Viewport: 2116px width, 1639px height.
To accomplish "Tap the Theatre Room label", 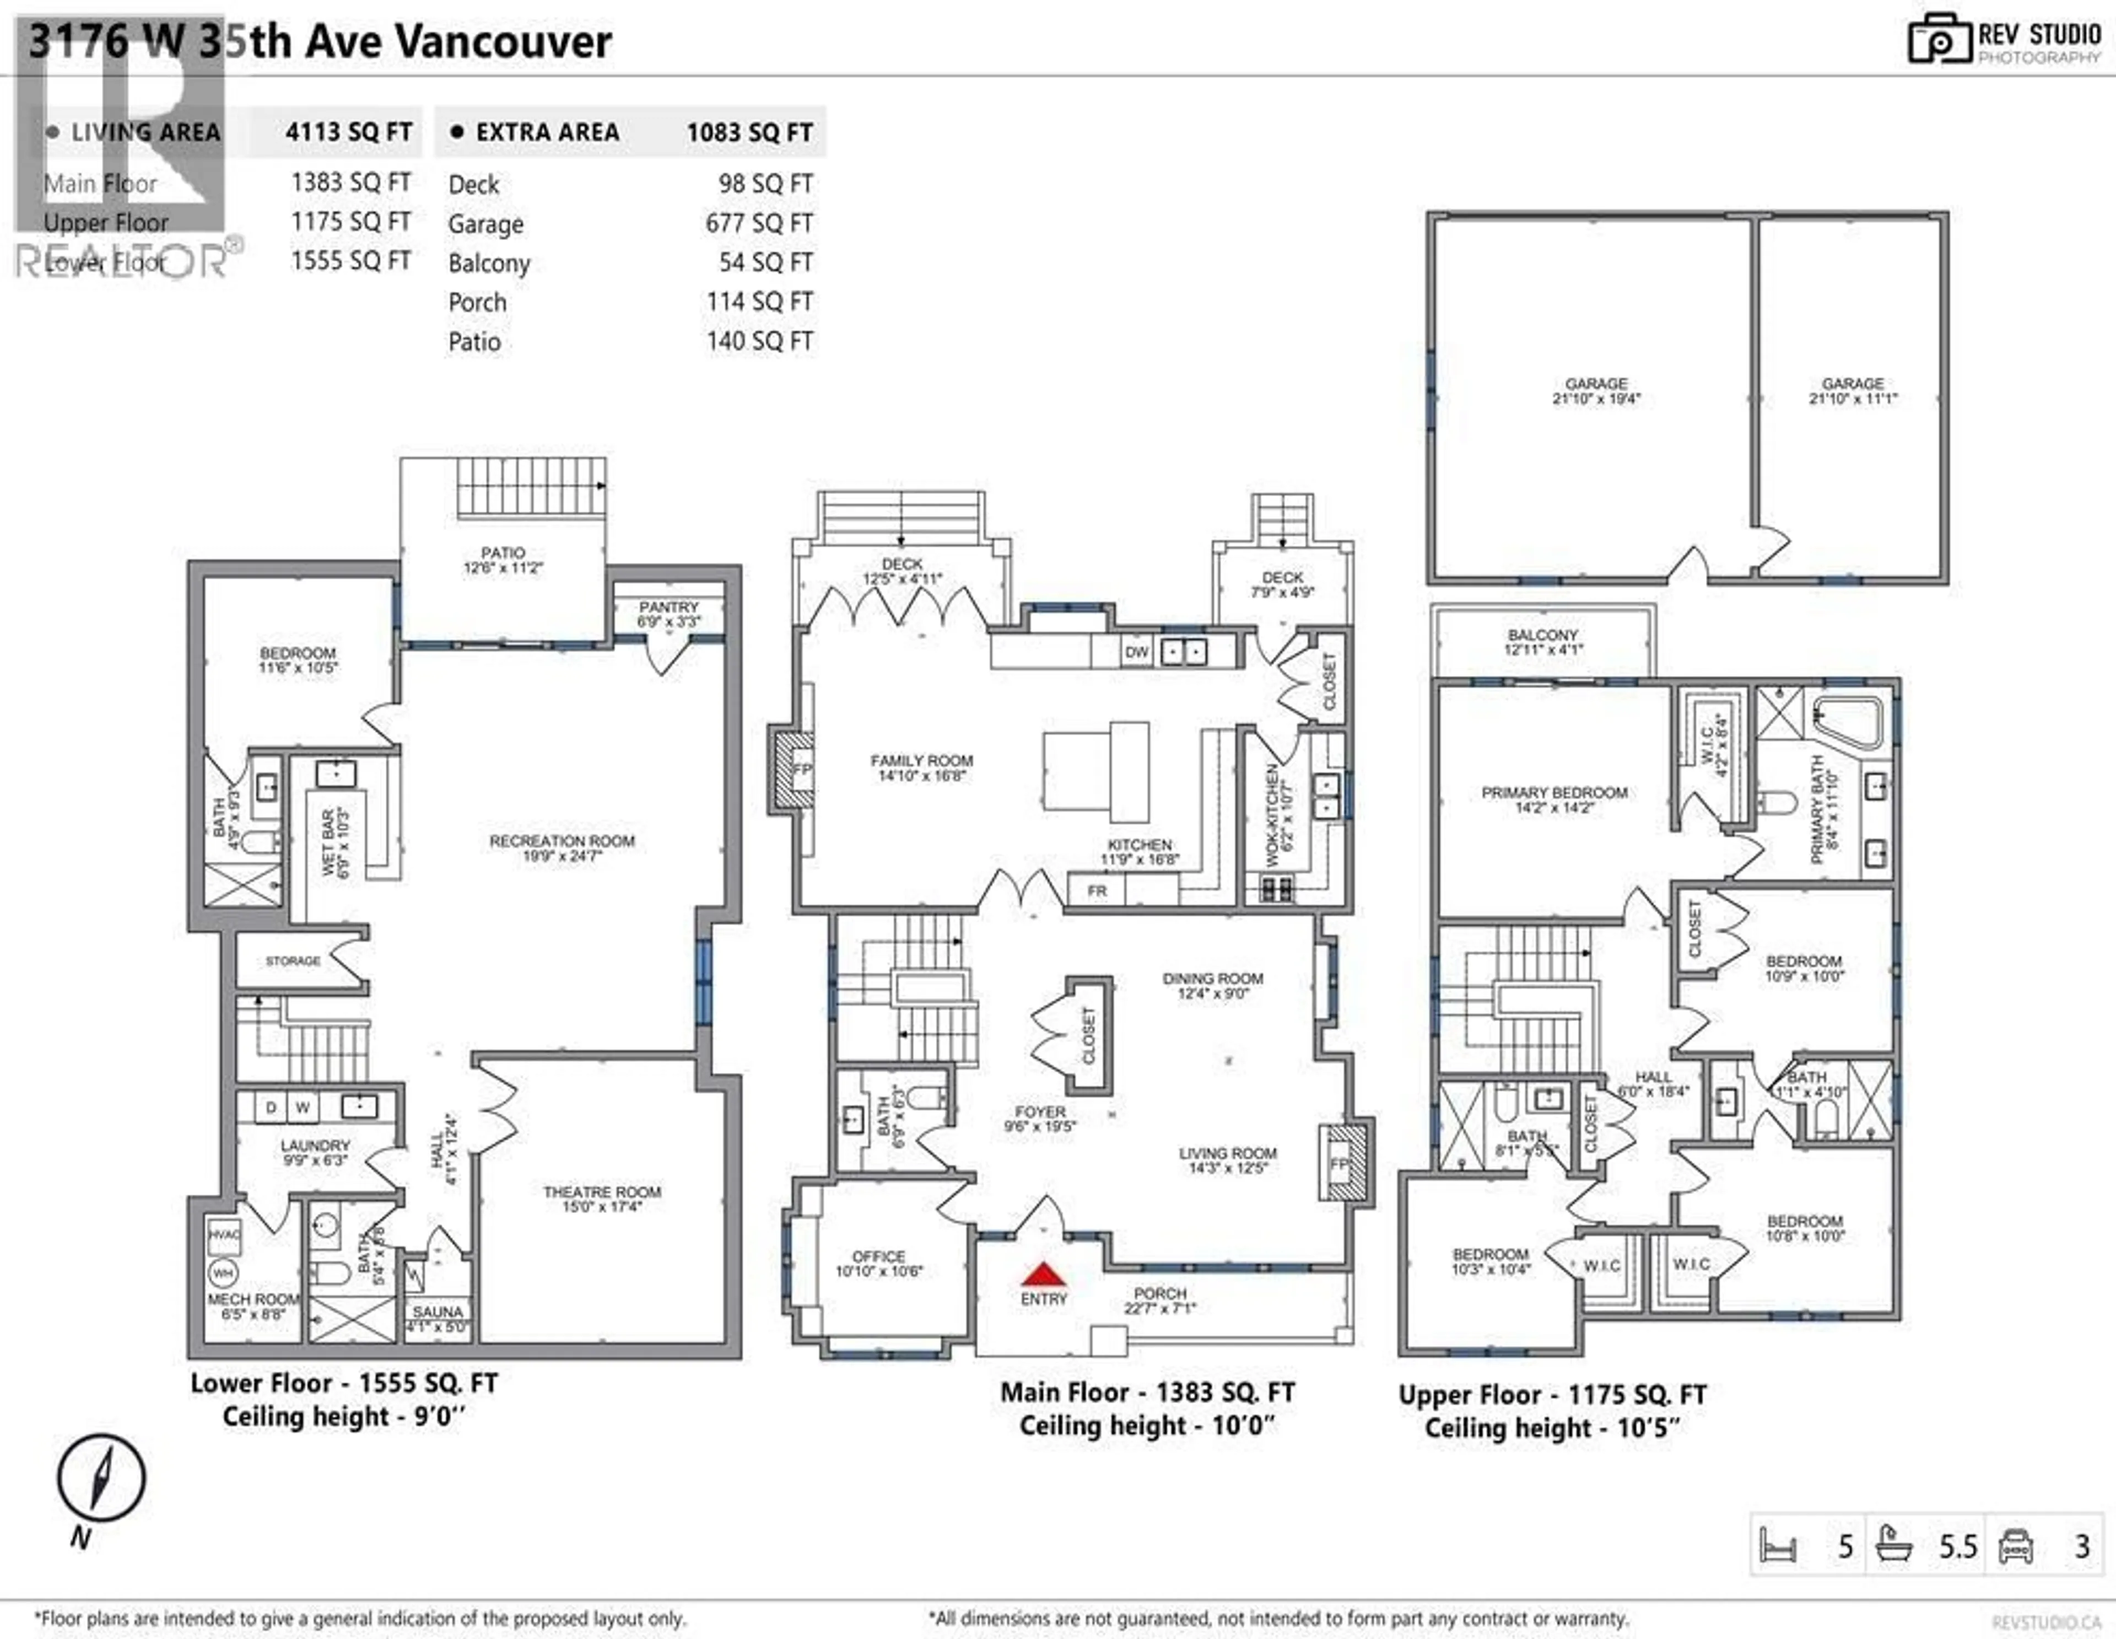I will pyautogui.click(x=602, y=1191).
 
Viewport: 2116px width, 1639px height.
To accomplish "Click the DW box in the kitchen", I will pyautogui.click(x=1136, y=652).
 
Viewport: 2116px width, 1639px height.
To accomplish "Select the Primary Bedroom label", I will pyautogui.click(x=1554, y=792).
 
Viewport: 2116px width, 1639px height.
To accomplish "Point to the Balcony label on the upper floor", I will pyautogui.click(x=1542, y=635).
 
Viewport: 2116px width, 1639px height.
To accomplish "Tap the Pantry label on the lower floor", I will pyautogui.click(x=668, y=607).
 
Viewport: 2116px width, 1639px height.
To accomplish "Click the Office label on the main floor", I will pyautogui.click(x=878, y=1256).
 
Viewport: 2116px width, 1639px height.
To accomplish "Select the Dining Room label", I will pyautogui.click(x=1212, y=979).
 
